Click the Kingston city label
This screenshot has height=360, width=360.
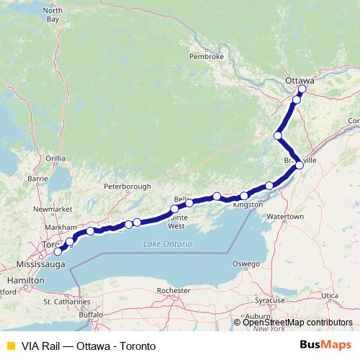[x=248, y=204]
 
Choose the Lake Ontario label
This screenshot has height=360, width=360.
[x=168, y=244]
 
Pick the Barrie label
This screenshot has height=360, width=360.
[x=36, y=178]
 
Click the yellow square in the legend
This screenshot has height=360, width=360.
[x=9, y=346]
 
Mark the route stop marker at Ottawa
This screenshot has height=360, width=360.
[x=302, y=89]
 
